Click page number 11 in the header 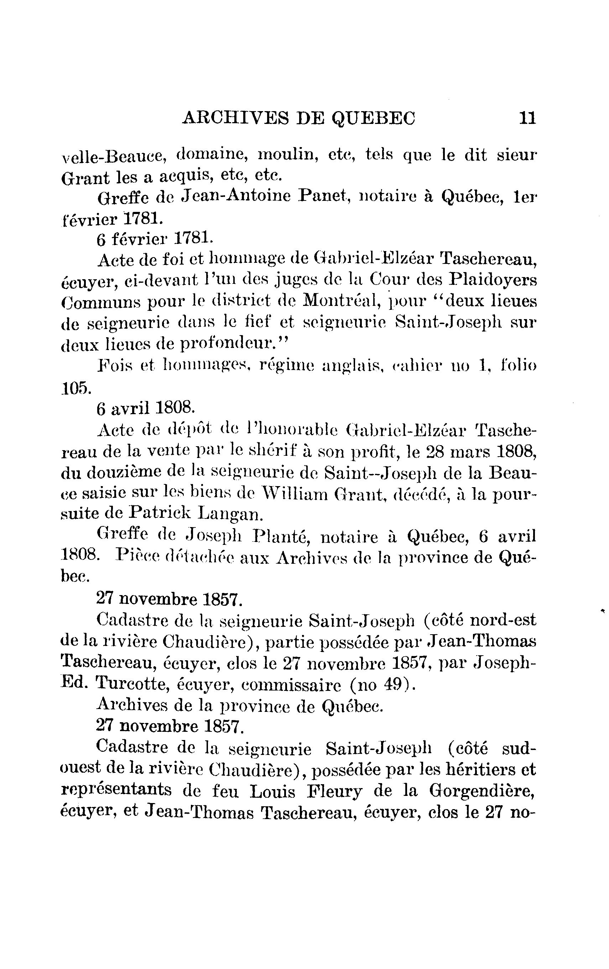527,118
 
